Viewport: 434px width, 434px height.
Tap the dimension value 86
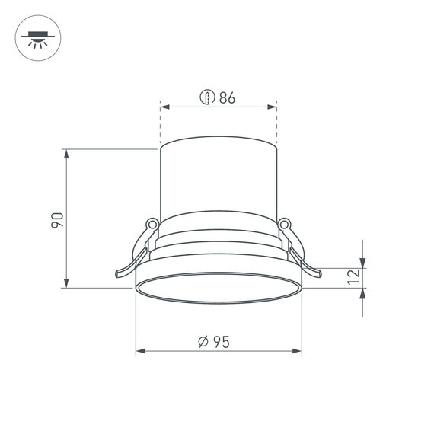(226, 97)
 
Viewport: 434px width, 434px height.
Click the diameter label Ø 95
(214, 342)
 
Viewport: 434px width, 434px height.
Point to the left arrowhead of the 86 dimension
(164, 107)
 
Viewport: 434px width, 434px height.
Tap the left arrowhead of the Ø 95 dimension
(140, 353)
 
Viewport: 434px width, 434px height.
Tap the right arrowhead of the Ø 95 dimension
(298, 353)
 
